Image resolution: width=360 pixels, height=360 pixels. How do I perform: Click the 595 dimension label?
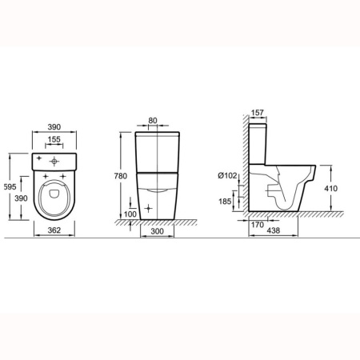(x=10, y=187)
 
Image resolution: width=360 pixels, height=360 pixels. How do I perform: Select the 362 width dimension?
(x=54, y=230)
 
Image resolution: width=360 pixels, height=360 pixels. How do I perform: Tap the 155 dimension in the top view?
(x=54, y=139)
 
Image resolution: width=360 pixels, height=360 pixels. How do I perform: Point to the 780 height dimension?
(x=121, y=176)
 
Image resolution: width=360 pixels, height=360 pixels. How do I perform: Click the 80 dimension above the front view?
(x=153, y=121)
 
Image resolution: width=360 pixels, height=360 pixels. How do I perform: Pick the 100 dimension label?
(x=130, y=214)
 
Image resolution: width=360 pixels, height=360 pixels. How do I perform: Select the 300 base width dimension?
(x=158, y=231)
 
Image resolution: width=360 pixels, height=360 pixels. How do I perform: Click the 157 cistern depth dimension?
(x=258, y=113)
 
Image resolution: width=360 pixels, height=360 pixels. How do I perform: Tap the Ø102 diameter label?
(x=227, y=175)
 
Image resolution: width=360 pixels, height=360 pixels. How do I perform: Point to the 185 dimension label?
(x=225, y=202)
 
